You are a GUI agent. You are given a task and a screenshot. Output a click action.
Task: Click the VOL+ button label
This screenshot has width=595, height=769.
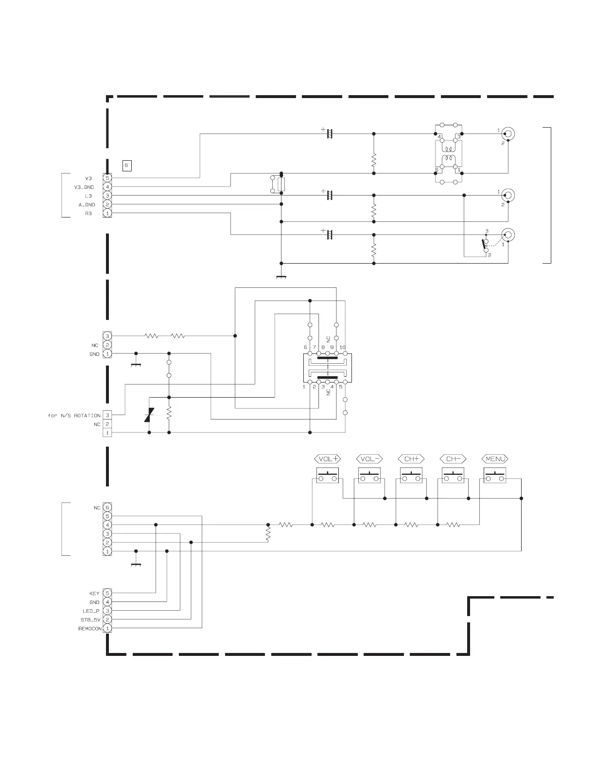(x=328, y=459)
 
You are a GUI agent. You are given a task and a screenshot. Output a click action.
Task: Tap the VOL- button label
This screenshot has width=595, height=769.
(x=370, y=459)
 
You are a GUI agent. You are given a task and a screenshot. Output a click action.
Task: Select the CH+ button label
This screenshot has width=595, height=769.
(x=411, y=459)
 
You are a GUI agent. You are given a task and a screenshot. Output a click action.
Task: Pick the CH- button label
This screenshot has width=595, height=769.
(x=453, y=459)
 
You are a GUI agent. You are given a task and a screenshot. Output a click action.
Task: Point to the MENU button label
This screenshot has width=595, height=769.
(x=495, y=459)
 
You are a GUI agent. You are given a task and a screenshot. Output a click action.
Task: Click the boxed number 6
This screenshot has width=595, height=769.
(x=126, y=166)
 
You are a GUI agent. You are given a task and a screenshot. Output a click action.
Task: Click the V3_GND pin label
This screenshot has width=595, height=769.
(x=84, y=187)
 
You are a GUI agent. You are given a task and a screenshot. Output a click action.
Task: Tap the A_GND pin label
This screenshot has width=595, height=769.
(x=87, y=205)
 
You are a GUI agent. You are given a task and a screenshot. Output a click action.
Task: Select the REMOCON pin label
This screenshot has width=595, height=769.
(x=90, y=629)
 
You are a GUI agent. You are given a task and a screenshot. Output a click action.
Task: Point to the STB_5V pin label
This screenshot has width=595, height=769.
(x=90, y=620)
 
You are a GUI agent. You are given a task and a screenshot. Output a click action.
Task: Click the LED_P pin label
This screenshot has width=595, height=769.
(x=91, y=611)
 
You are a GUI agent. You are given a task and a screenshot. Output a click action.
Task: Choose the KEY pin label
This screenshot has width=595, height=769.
(x=94, y=593)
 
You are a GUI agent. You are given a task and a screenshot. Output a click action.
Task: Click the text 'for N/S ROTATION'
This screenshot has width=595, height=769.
(x=74, y=416)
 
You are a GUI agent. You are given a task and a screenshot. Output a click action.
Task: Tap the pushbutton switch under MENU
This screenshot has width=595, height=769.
(x=495, y=476)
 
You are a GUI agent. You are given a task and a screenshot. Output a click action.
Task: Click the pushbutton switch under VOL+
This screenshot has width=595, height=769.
(x=328, y=476)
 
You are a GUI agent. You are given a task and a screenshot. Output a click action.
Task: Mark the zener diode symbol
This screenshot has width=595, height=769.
(x=149, y=416)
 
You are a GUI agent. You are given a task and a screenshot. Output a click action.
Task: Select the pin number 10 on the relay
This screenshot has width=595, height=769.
(x=342, y=347)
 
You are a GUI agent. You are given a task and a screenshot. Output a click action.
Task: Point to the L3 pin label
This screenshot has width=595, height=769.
(x=88, y=196)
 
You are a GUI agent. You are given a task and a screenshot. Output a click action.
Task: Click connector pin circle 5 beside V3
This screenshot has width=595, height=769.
(x=107, y=178)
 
